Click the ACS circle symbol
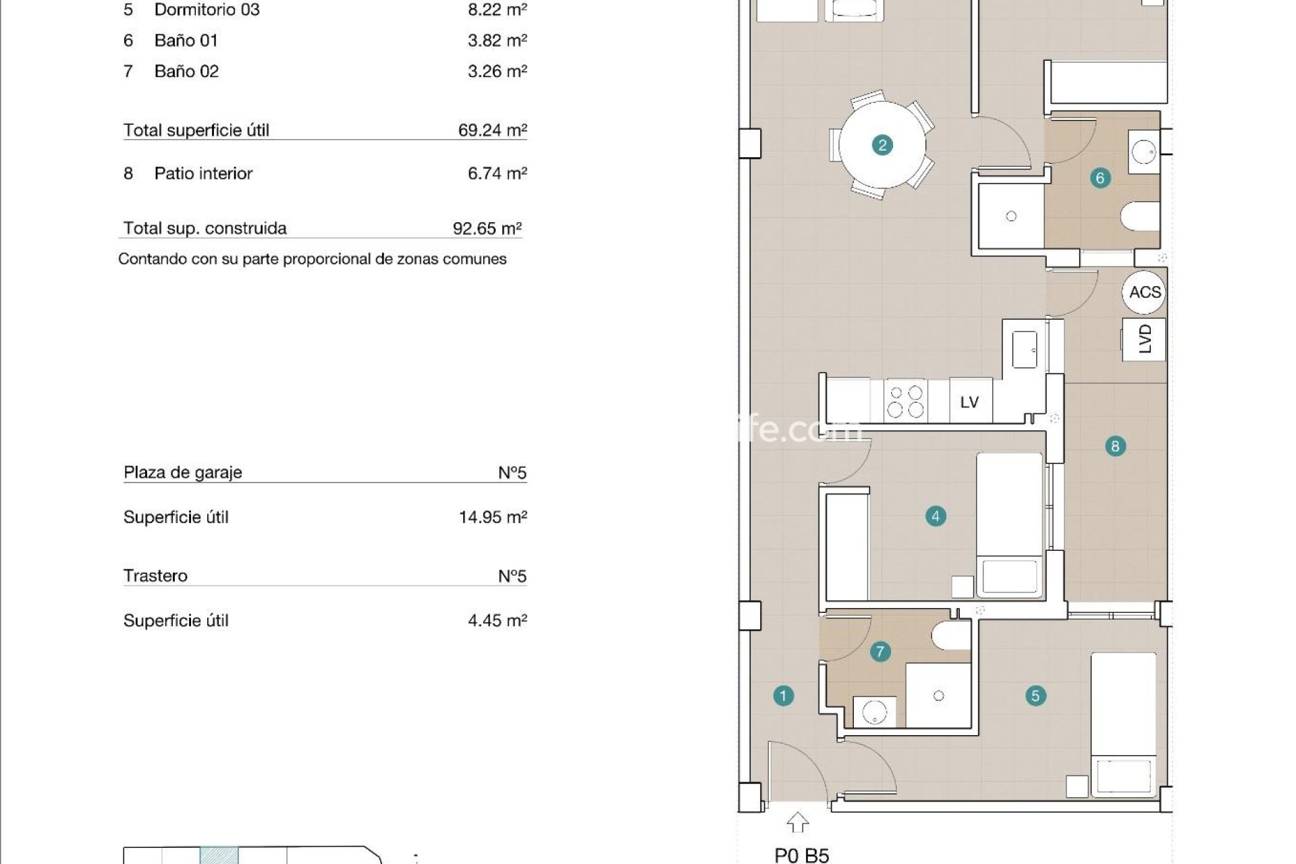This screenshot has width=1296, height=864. (x=1145, y=292)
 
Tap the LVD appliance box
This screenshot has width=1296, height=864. (x=1144, y=339)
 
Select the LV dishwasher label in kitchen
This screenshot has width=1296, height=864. (x=969, y=402)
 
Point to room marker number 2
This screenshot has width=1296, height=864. (x=882, y=145)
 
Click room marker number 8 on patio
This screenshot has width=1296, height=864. (x=1114, y=446)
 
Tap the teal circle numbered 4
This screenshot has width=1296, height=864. (x=936, y=516)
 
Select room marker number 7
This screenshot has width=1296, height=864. (x=880, y=652)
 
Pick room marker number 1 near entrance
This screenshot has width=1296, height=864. (x=783, y=696)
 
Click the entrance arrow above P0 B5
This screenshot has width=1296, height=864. (x=798, y=822)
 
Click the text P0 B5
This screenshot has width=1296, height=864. (x=801, y=855)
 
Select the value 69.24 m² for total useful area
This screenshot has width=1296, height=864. (x=492, y=130)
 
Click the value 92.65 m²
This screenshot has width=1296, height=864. (x=487, y=228)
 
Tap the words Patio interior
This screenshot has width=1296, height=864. (x=203, y=173)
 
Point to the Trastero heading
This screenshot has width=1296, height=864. (x=155, y=576)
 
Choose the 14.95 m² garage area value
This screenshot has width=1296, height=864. (x=492, y=517)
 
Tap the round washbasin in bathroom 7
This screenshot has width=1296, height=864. (x=875, y=713)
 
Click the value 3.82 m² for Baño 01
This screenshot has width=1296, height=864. (x=497, y=40)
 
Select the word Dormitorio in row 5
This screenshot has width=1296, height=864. (x=186, y=10)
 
